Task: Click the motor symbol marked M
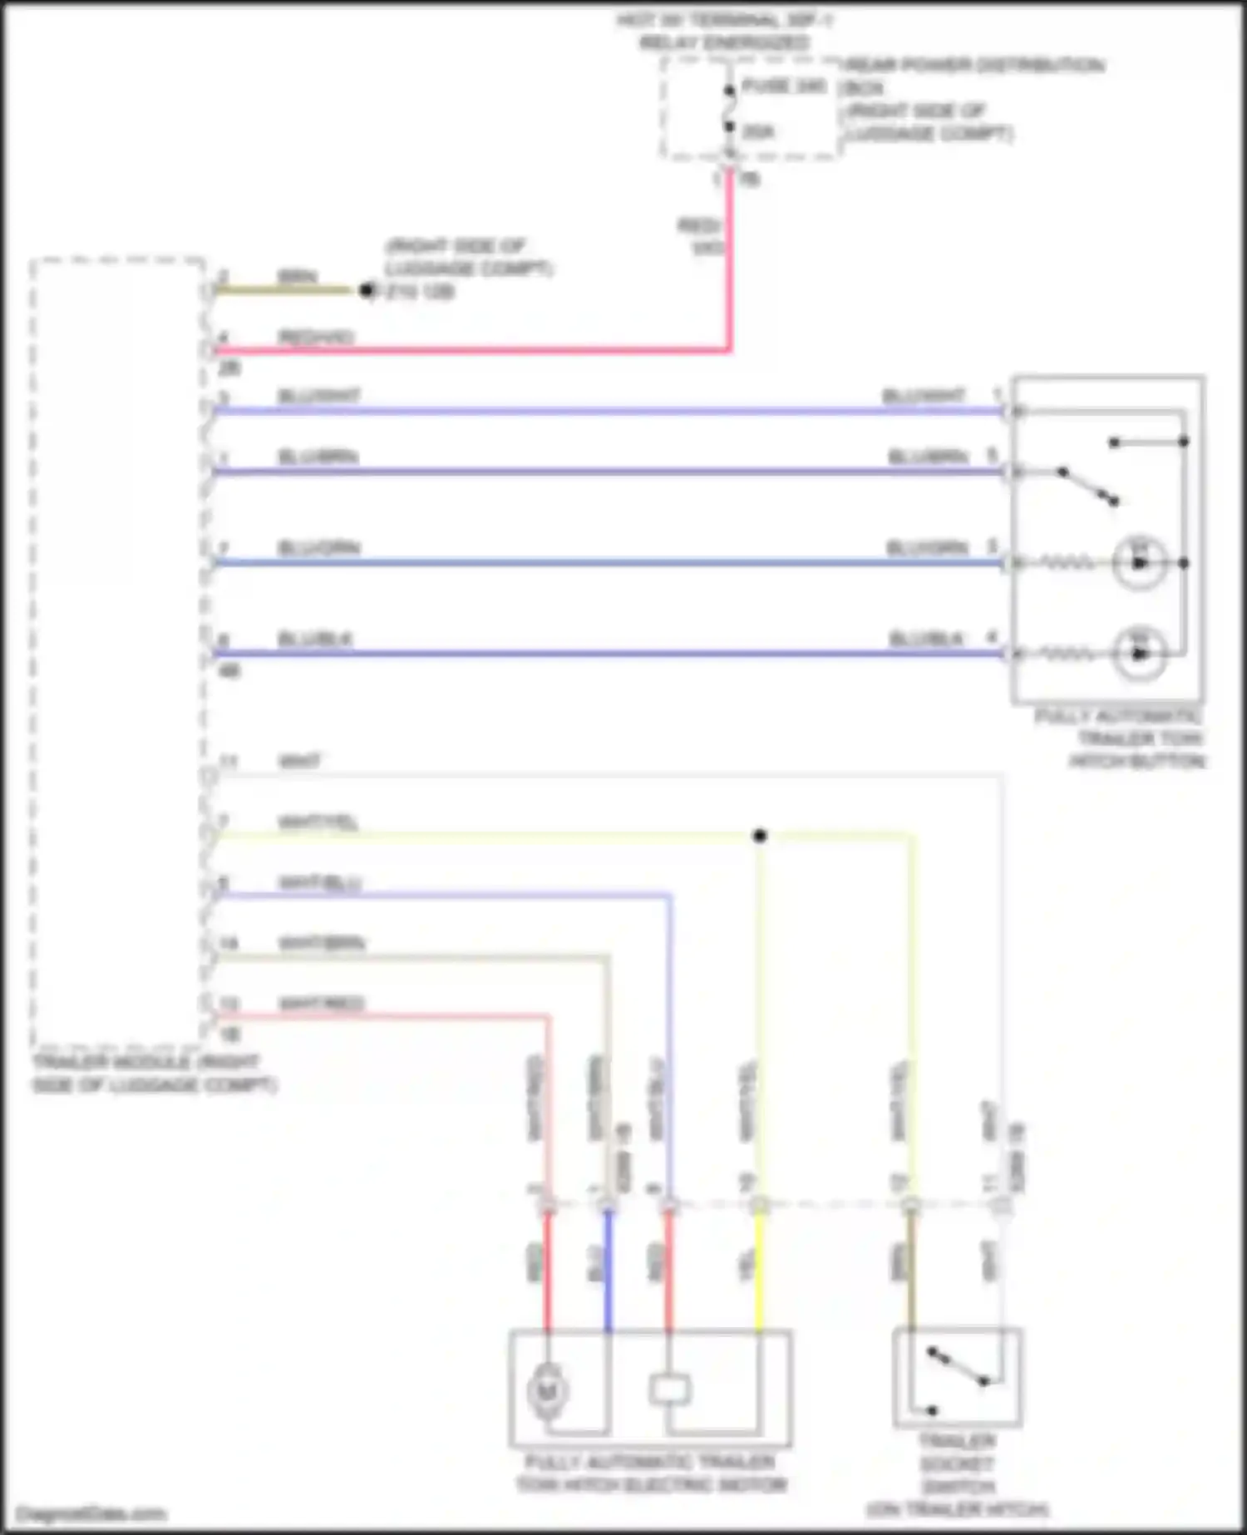pos(547,1389)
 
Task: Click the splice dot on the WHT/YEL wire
pos(759,836)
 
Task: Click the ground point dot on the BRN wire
pos(367,290)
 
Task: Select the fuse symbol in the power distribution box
pos(729,109)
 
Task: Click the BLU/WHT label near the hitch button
pos(924,396)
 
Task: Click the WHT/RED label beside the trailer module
pos(321,1004)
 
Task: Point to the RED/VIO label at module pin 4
pos(315,337)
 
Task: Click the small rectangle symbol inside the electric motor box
pos(669,1389)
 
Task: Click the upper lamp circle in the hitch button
pos(1139,563)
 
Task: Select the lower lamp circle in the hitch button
pos(1139,653)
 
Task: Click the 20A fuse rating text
pos(757,131)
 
